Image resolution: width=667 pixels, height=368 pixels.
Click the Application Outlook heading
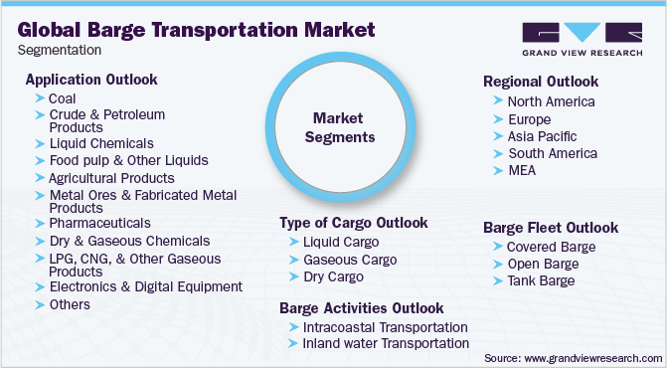pyautogui.click(x=91, y=79)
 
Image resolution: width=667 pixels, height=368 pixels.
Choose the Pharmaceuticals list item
pyautogui.click(x=99, y=223)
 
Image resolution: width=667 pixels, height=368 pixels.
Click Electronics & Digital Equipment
pyautogui.click(x=145, y=286)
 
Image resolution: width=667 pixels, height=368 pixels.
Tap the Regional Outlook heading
pyautogui.click(x=540, y=81)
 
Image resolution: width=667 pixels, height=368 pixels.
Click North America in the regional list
pyautogui.click(x=551, y=101)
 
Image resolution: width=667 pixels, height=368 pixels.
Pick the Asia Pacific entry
pyautogui.click(x=542, y=135)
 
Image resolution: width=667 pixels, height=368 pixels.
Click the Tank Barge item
pyautogui.click(x=542, y=280)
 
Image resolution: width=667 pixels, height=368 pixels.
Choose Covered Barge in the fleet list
pyautogui.click(x=551, y=246)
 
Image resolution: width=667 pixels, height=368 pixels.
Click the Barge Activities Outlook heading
pyautogui.click(x=362, y=307)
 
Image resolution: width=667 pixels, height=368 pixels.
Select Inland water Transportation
pyautogui.click(x=385, y=343)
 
